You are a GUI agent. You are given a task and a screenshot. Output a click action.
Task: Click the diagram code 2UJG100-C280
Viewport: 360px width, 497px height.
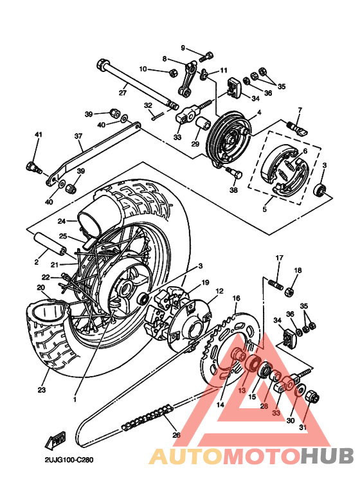[x=69, y=461]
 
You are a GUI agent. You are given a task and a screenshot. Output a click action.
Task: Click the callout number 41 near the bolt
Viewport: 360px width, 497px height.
[x=38, y=134]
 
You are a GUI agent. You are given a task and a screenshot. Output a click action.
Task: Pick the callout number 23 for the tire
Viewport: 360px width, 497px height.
[x=42, y=390]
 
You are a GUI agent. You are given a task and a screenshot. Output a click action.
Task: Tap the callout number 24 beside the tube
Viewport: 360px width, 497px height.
[x=62, y=221]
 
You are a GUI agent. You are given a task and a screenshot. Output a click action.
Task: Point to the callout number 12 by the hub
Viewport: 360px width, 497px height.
[x=219, y=291]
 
